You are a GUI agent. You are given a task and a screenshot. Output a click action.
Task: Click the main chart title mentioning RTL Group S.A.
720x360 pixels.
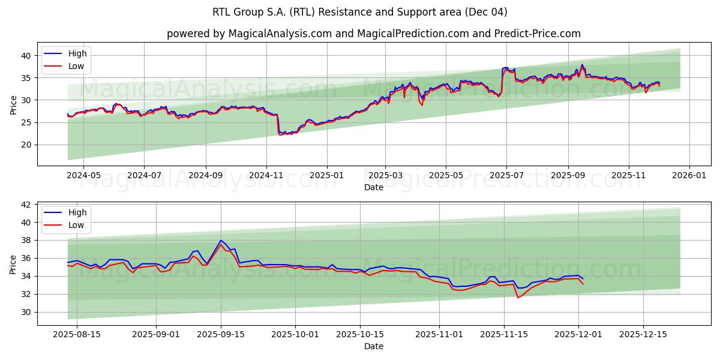pos(359,12)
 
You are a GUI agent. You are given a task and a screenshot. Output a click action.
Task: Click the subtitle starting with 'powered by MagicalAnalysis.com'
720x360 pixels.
pos(373,34)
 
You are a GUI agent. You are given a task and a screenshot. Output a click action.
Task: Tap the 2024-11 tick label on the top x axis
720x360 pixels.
pos(266,175)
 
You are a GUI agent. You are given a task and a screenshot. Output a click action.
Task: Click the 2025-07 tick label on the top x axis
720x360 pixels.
pos(506,175)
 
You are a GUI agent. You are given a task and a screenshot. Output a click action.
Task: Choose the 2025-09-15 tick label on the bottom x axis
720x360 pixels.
pos(221,334)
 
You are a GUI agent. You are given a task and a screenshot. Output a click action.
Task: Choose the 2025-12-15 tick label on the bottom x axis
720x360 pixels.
pos(643,334)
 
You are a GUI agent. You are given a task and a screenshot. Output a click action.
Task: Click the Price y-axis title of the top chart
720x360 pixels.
pos(13,104)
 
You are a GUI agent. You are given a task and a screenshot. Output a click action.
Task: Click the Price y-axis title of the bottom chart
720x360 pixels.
pos(13,263)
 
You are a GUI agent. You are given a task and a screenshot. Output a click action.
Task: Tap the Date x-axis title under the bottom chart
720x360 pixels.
pos(373,346)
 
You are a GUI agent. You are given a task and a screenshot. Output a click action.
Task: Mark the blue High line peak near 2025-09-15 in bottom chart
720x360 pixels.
pos(221,241)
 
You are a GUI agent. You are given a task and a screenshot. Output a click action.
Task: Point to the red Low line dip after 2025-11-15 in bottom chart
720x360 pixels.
pos(518,298)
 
